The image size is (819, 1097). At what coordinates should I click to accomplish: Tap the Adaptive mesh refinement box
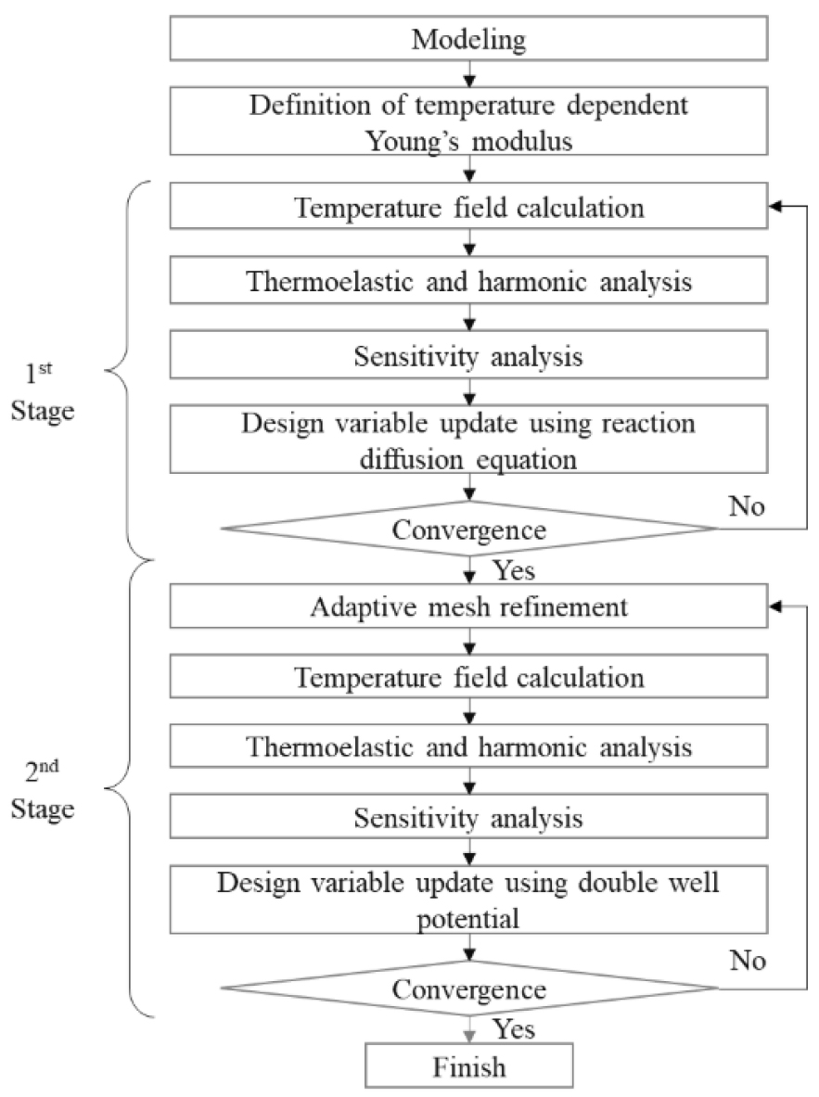pyautogui.click(x=470, y=607)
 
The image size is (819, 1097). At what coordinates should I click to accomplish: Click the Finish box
pyautogui.click(x=470, y=1066)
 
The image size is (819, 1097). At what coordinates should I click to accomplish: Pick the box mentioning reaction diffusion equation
pyautogui.click(x=470, y=440)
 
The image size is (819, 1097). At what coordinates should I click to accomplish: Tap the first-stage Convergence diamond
pyautogui.click(x=470, y=529)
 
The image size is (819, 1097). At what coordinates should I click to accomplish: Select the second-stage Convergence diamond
pyautogui.click(x=470, y=989)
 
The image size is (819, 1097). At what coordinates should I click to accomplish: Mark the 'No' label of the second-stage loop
pyautogui.click(x=747, y=960)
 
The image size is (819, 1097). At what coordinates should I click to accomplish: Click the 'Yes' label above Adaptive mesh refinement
pyautogui.click(x=513, y=569)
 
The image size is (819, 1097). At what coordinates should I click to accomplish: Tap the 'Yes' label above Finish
pyautogui.click(x=513, y=1027)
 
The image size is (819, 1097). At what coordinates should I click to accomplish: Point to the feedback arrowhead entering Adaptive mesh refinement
pyautogui.click(x=769, y=607)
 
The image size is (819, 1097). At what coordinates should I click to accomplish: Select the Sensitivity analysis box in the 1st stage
pyautogui.click(x=470, y=359)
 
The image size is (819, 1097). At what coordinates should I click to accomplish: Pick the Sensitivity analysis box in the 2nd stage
pyautogui.click(x=470, y=819)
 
